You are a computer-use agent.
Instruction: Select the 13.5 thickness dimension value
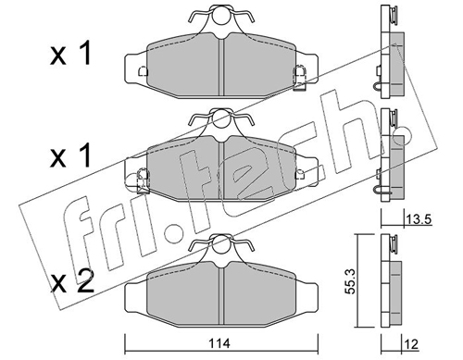pos(419,219)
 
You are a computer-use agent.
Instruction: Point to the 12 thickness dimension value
pos(411,343)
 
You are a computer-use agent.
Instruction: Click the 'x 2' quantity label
pos(72,280)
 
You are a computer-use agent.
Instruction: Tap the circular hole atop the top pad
pos(221,16)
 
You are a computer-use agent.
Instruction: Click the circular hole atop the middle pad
pos(221,119)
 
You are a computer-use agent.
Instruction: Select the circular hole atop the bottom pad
pos(221,243)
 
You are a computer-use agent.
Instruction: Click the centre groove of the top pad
pos(221,67)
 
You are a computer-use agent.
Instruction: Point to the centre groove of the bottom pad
pos(221,294)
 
